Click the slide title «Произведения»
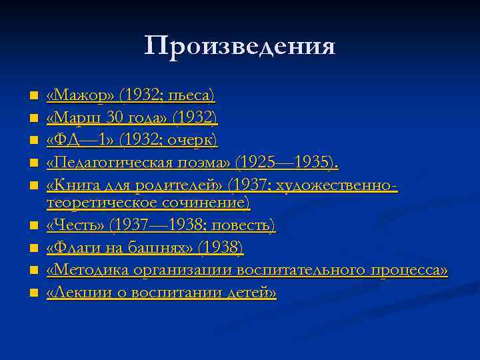240,46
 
